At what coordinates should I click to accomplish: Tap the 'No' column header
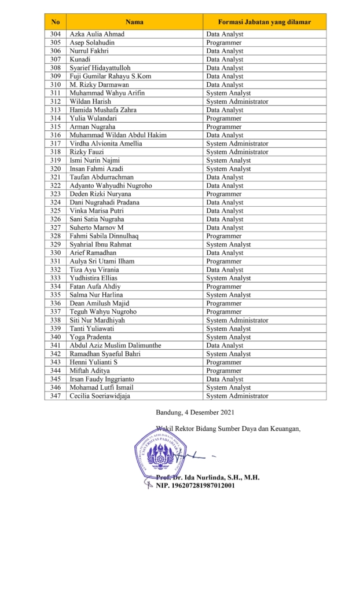[56, 22]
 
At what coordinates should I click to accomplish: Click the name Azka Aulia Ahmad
[97, 34]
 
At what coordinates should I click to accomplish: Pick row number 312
[56, 101]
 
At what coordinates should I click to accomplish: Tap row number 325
[56, 211]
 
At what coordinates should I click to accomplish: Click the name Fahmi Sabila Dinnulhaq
[104, 236]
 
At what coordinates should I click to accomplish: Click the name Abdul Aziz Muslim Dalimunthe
[115, 345]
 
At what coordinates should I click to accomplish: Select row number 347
[56, 396]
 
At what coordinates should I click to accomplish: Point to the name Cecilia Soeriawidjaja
[104, 396]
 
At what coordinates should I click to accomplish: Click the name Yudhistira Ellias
[94, 278]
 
